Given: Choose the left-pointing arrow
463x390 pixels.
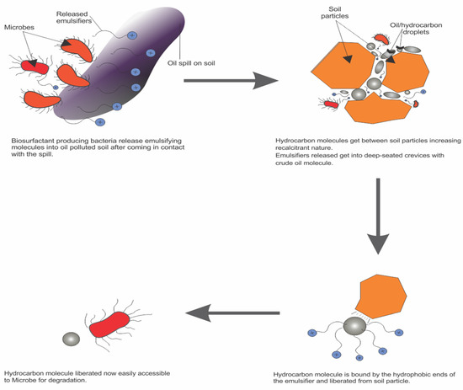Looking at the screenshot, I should coord(239,313).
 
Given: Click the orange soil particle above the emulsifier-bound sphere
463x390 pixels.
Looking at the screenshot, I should coord(389,295).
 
